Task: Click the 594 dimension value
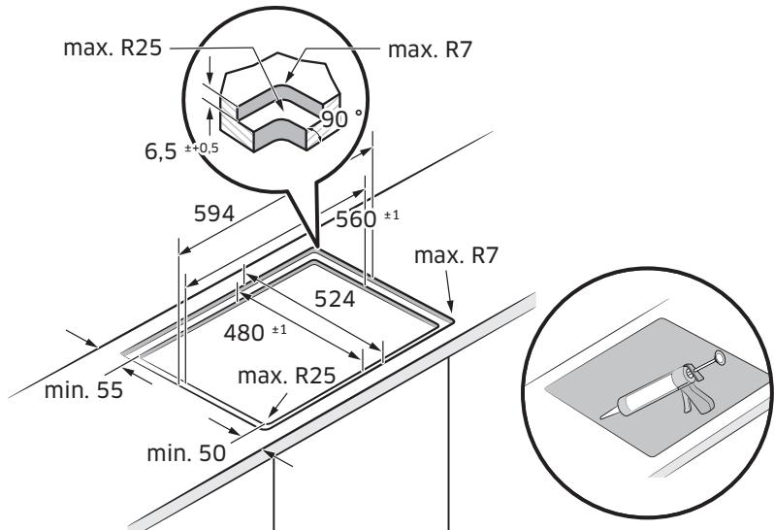pos(213,213)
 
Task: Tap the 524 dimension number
pos(334,299)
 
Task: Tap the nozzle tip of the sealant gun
pos(603,415)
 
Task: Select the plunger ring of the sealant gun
pos(720,358)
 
